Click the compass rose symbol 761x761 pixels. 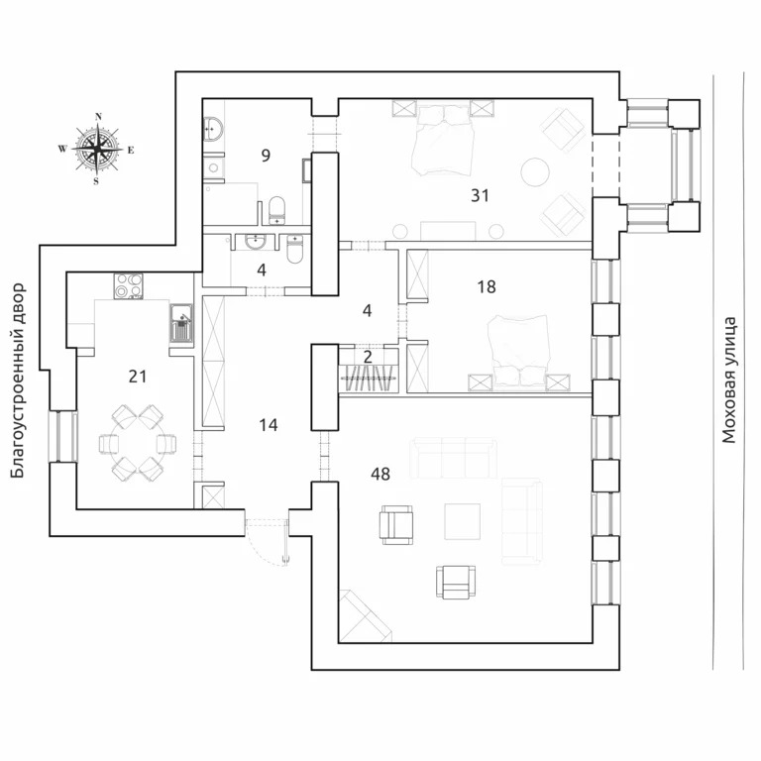[x=97, y=150]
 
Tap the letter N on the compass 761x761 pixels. [x=97, y=117]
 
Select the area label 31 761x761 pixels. [x=480, y=195]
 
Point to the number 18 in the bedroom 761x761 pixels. [x=486, y=286]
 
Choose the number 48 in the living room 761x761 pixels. [x=380, y=474]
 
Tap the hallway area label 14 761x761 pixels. [x=268, y=425]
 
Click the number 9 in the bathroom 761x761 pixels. [x=266, y=155]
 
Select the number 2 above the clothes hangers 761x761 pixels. [x=367, y=356]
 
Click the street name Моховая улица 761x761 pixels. [x=729, y=379]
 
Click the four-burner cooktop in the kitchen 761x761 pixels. [x=129, y=285]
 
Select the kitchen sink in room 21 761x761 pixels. [x=180, y=323]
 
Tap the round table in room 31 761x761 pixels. [x=536, y=171]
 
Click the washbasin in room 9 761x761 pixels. [x=212, y=129]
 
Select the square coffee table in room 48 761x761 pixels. [x=462, y=520]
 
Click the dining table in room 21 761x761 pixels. [x=137, y=442]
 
